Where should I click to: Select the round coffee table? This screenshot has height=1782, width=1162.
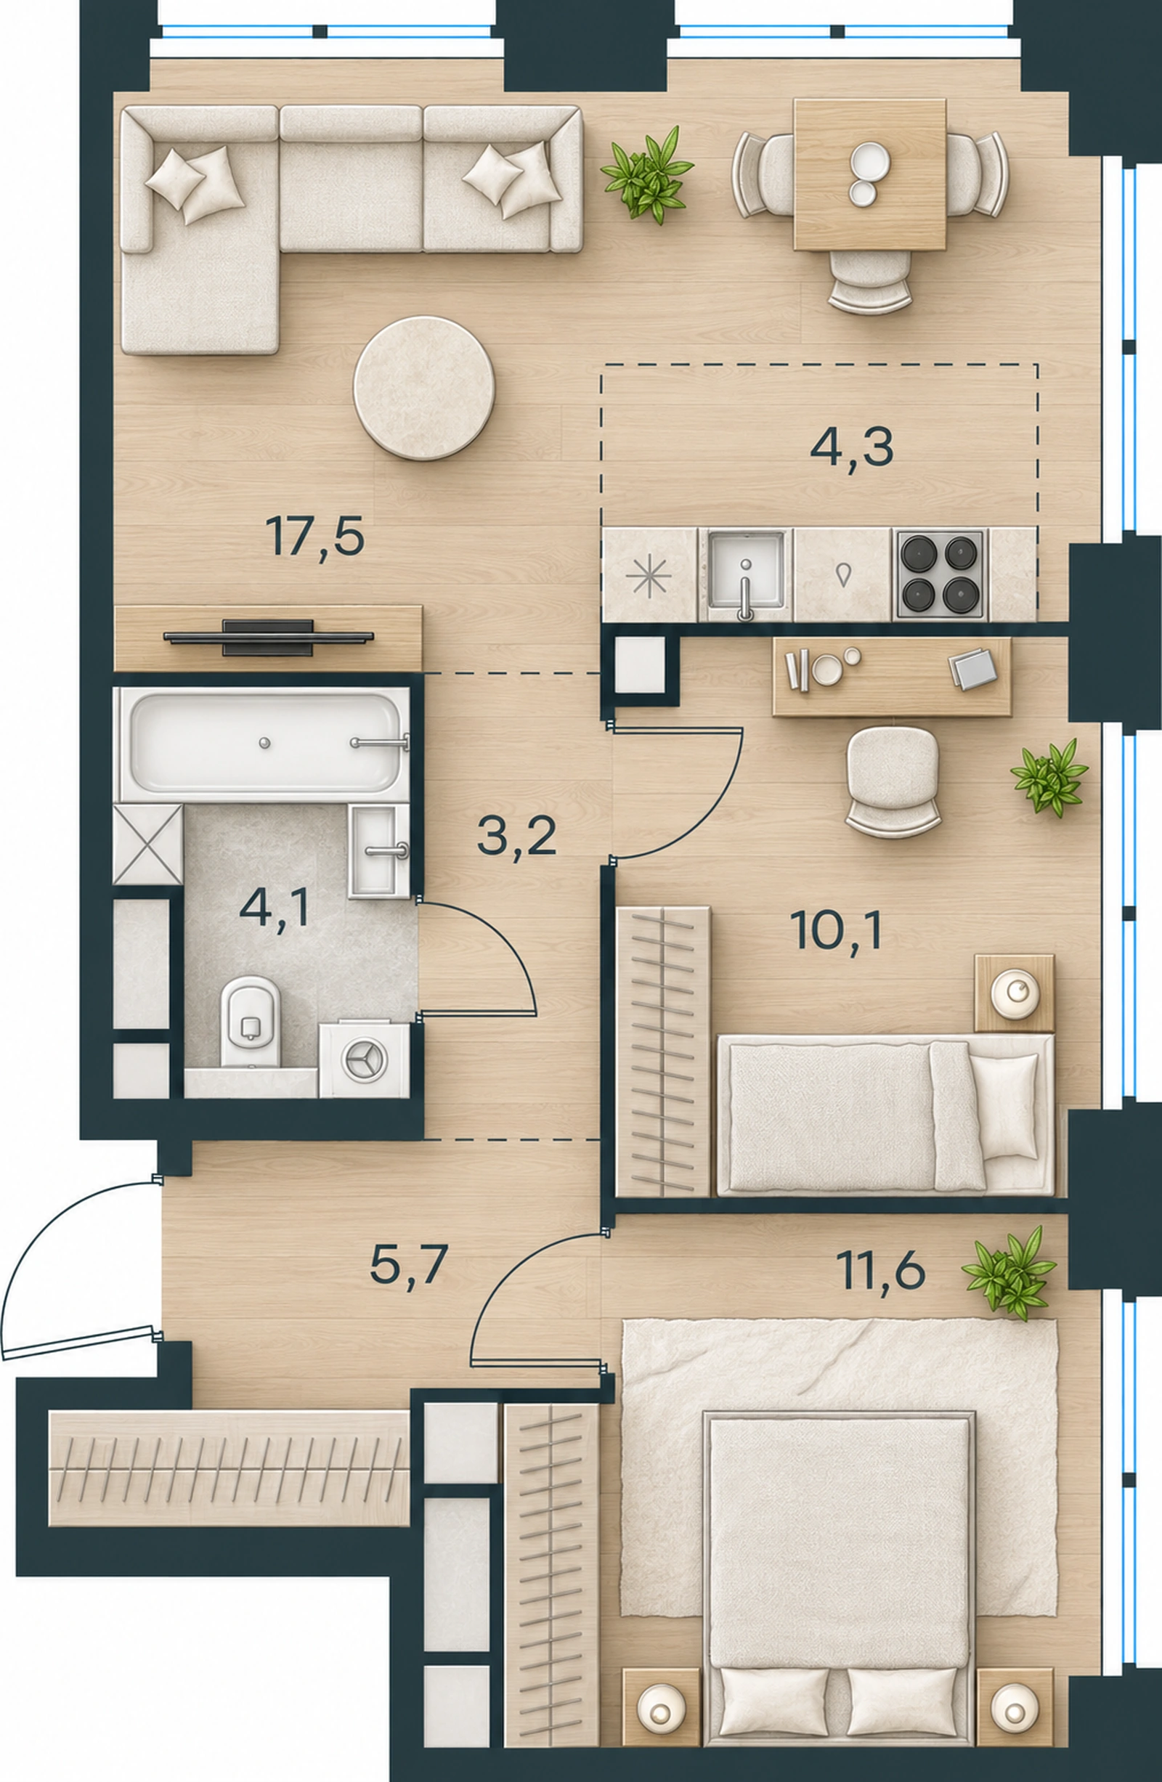424,387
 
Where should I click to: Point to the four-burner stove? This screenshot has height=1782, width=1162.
940,575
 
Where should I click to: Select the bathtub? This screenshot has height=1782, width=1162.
263,743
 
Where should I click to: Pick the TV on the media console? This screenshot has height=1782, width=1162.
268,637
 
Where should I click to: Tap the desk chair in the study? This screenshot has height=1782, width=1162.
893,780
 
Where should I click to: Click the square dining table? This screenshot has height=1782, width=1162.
870,174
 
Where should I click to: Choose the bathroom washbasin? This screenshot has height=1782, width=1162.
379,850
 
